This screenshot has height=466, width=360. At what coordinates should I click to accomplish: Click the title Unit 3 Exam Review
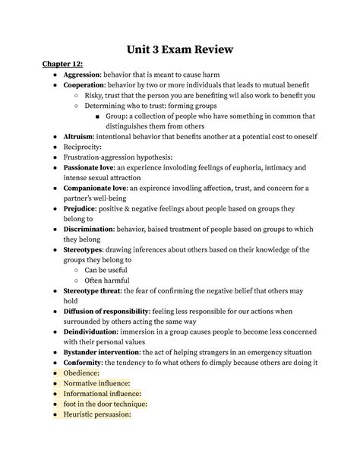coord(180,50)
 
